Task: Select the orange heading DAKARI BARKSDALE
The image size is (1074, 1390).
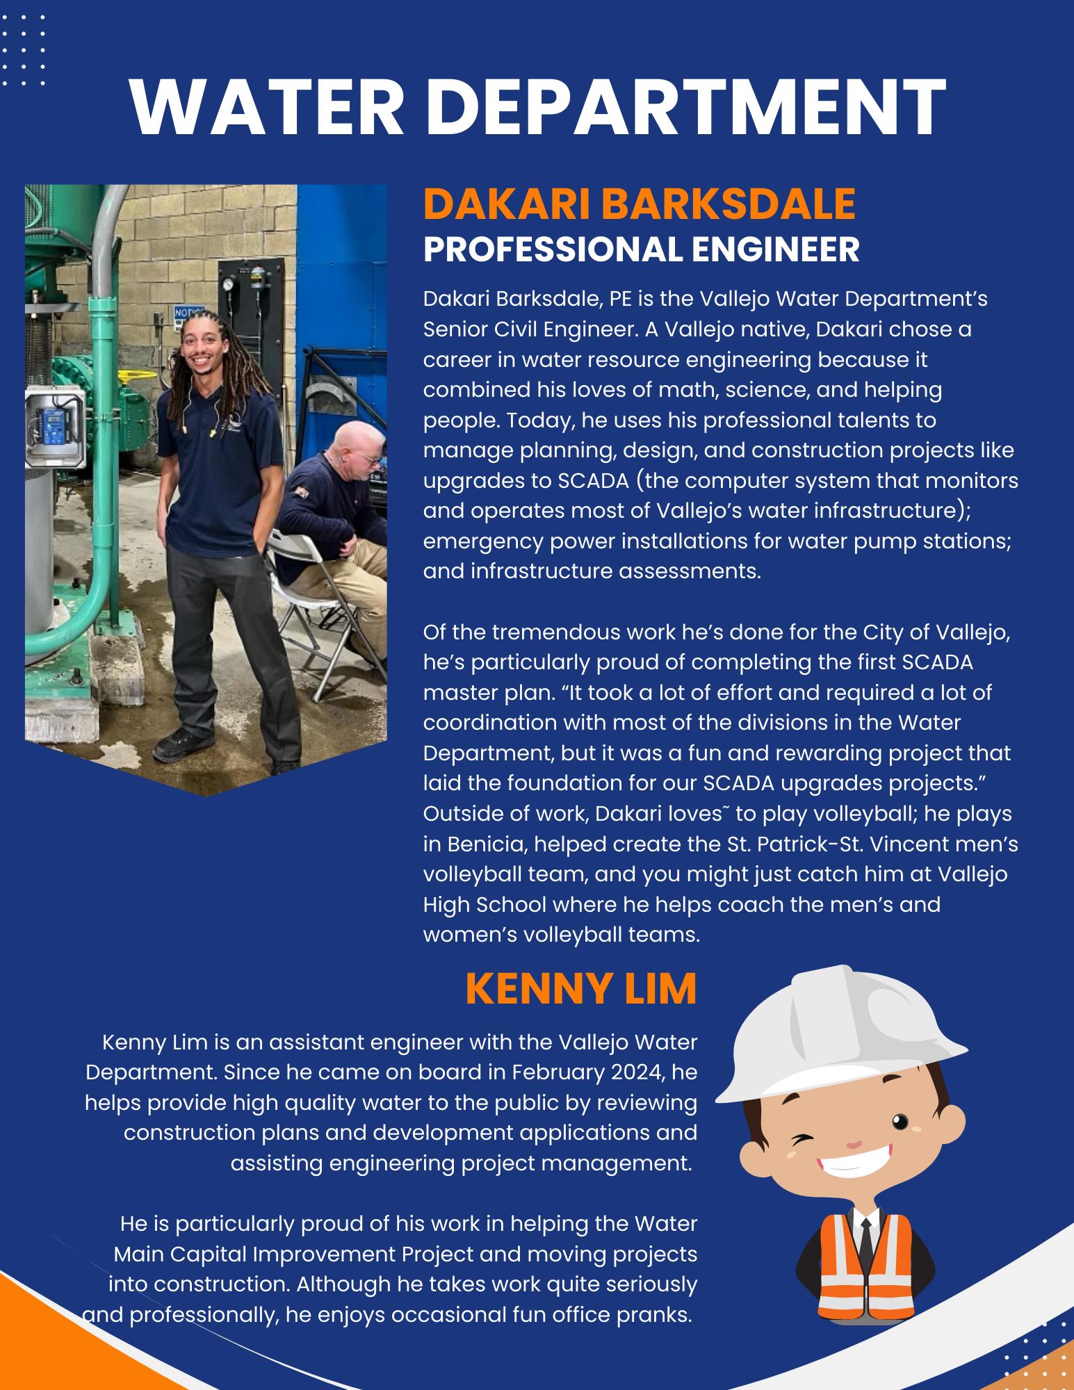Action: tap(639, 204)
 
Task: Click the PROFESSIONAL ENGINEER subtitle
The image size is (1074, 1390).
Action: tap(641, 250)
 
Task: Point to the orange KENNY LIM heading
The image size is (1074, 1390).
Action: tap(580, 988)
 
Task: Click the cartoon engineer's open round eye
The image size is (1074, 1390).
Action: tap(900, 1120)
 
